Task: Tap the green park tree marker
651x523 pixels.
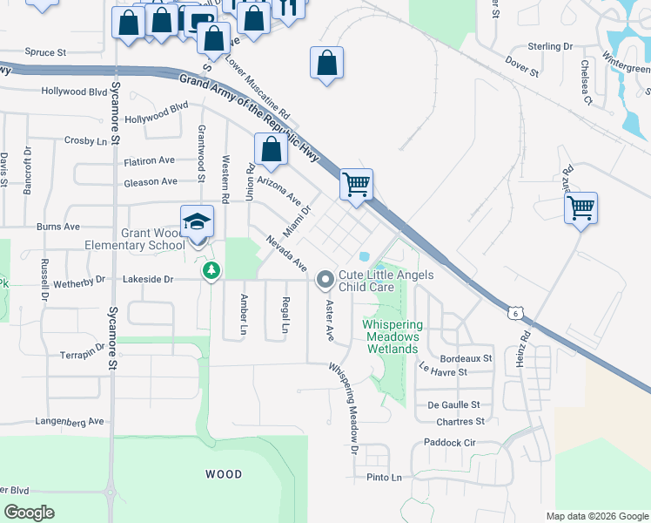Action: pyautogui.click(x=211, y=273)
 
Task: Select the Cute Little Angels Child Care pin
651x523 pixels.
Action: pyautogui.click(x=325, y=280)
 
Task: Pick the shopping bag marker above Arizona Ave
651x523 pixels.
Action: pyautogui.click(x=272, y=151)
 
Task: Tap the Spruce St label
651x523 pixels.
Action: pyautogui.click(x=46, y=53)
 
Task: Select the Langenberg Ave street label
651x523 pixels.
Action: pyautogui.click(x=69, y=421)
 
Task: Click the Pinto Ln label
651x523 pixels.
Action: pyautogui.click(x=384, y=478)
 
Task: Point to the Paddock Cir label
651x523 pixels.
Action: pyautogui.click(x=450, y=443)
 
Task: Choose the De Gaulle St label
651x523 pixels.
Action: pyautogui.click(x=454, y=405)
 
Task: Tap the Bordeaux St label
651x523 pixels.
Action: pyautogui.click(x=466, y=358)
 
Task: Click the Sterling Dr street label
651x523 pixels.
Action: pyautogui.click(x=551, y=46)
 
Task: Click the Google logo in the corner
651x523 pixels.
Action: pyautogui.click(x=30, y=513)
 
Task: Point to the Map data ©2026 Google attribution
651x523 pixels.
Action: pyautogui.click(x=597, y=516)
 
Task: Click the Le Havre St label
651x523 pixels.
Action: pyautogui.click(x=443, y=371)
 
